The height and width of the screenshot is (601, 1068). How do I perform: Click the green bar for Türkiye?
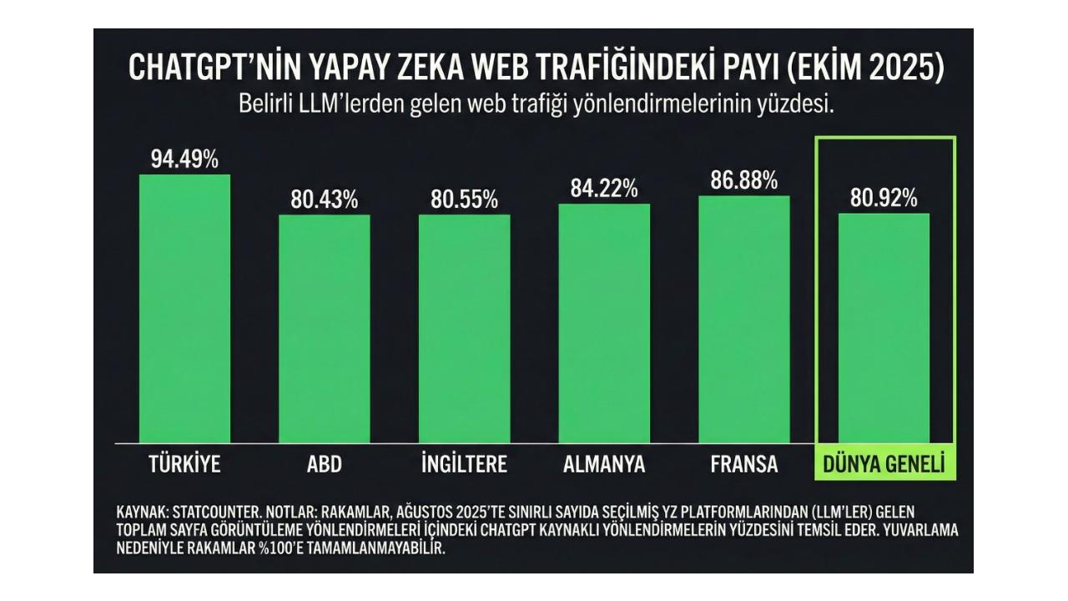(x=184, y=309)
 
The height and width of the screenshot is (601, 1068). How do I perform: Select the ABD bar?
(x=325, y=329)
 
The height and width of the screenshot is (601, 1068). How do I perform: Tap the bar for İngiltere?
(x=464, y=329)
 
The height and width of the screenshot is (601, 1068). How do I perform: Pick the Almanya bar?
(x=604, y=324)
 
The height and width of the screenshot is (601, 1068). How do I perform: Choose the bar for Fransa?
(x=744, y=320)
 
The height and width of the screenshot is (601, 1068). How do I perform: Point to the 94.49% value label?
(x=184, y=159)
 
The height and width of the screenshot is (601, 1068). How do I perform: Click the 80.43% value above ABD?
(x=325, y=200)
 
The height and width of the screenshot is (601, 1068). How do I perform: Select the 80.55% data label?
(x=464, y=200)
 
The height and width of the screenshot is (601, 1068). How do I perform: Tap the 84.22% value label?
(x=604, y=189)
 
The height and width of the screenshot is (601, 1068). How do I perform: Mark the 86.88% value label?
(x=744, y=180)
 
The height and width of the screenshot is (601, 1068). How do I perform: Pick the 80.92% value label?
(x=884, y=199)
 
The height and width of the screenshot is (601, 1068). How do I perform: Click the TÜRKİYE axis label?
(x=184, y=465)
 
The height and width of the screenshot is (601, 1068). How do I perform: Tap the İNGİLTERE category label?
(x=464, y=465)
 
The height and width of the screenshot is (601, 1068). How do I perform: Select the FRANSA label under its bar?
(x=744, y=465)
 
